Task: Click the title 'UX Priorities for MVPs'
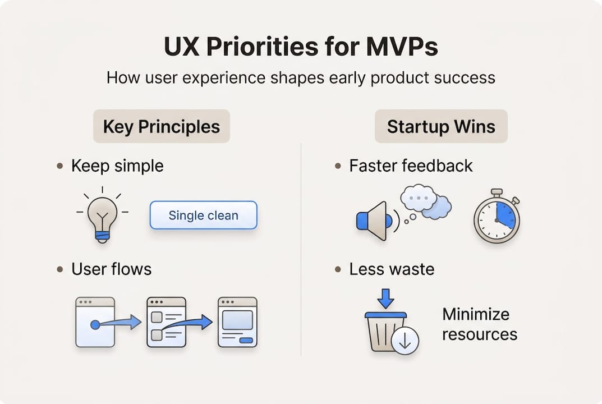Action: click(x=301, y=48)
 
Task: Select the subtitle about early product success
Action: click(x=301, y=77)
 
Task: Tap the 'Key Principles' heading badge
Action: click(x=162, y=126)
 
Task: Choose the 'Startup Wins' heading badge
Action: click(x=441, y=126)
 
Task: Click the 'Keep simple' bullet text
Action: click(x=117, y=166)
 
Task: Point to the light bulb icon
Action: click(x=102, y=215)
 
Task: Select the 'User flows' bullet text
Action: click(x=111, y=269)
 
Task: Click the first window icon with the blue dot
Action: click(x=95, y=322)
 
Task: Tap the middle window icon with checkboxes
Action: click(x=166, y=322)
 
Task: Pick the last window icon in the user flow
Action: click(x=237, y=322)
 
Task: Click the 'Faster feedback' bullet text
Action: click(x=411, y=166)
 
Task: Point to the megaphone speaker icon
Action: click(x=375, y=221)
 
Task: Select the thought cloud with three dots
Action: click(x=419, y=198)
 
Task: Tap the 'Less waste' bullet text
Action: click(x=392, y=269)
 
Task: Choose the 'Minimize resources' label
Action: click(x=479, y=324)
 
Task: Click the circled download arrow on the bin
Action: click(x=405, y=341)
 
